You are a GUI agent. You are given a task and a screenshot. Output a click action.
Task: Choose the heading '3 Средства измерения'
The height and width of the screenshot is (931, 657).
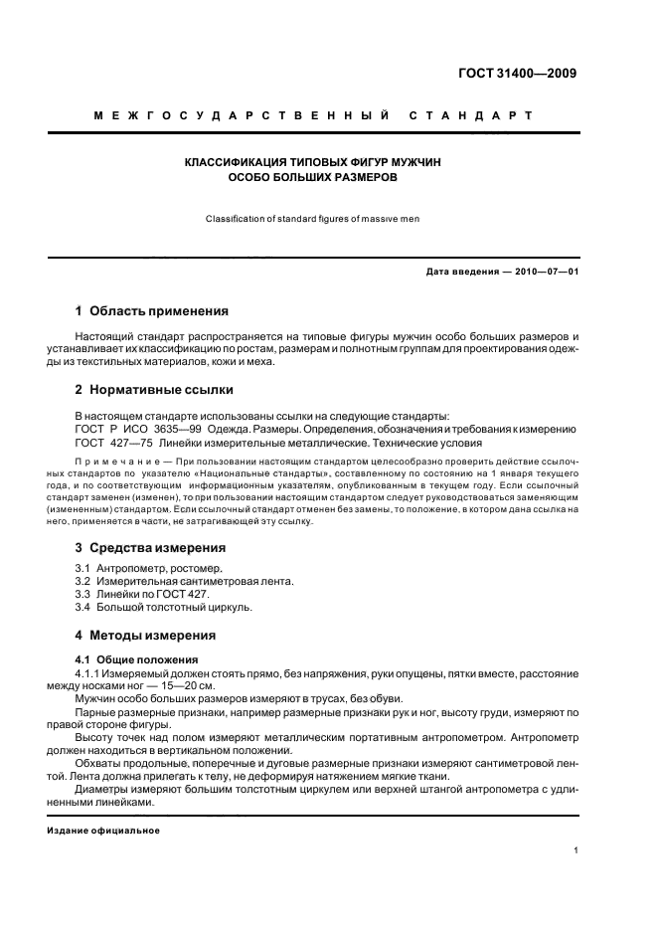[150, 547]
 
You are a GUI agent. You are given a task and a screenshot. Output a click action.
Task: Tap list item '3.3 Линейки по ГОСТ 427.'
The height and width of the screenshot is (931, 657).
[142, 594]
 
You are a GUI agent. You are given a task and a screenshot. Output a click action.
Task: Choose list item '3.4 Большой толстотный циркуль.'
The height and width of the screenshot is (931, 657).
[163, 607]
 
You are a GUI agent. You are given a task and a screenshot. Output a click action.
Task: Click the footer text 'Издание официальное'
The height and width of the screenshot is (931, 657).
[102, 830]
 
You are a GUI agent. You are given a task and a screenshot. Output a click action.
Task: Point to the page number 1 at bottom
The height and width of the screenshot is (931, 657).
[575, 851]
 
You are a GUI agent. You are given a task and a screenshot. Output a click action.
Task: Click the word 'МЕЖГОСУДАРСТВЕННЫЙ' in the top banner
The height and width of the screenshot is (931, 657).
[235, 116]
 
